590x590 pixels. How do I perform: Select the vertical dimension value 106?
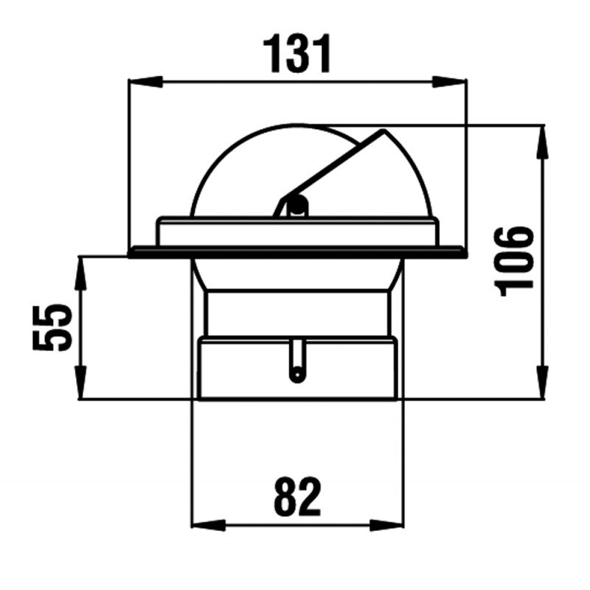pos(516,261)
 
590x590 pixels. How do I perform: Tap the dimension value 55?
pos(52,327)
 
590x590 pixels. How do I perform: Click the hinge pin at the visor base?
pos(296,204)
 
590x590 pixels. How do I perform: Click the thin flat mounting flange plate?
pos(297,252)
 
